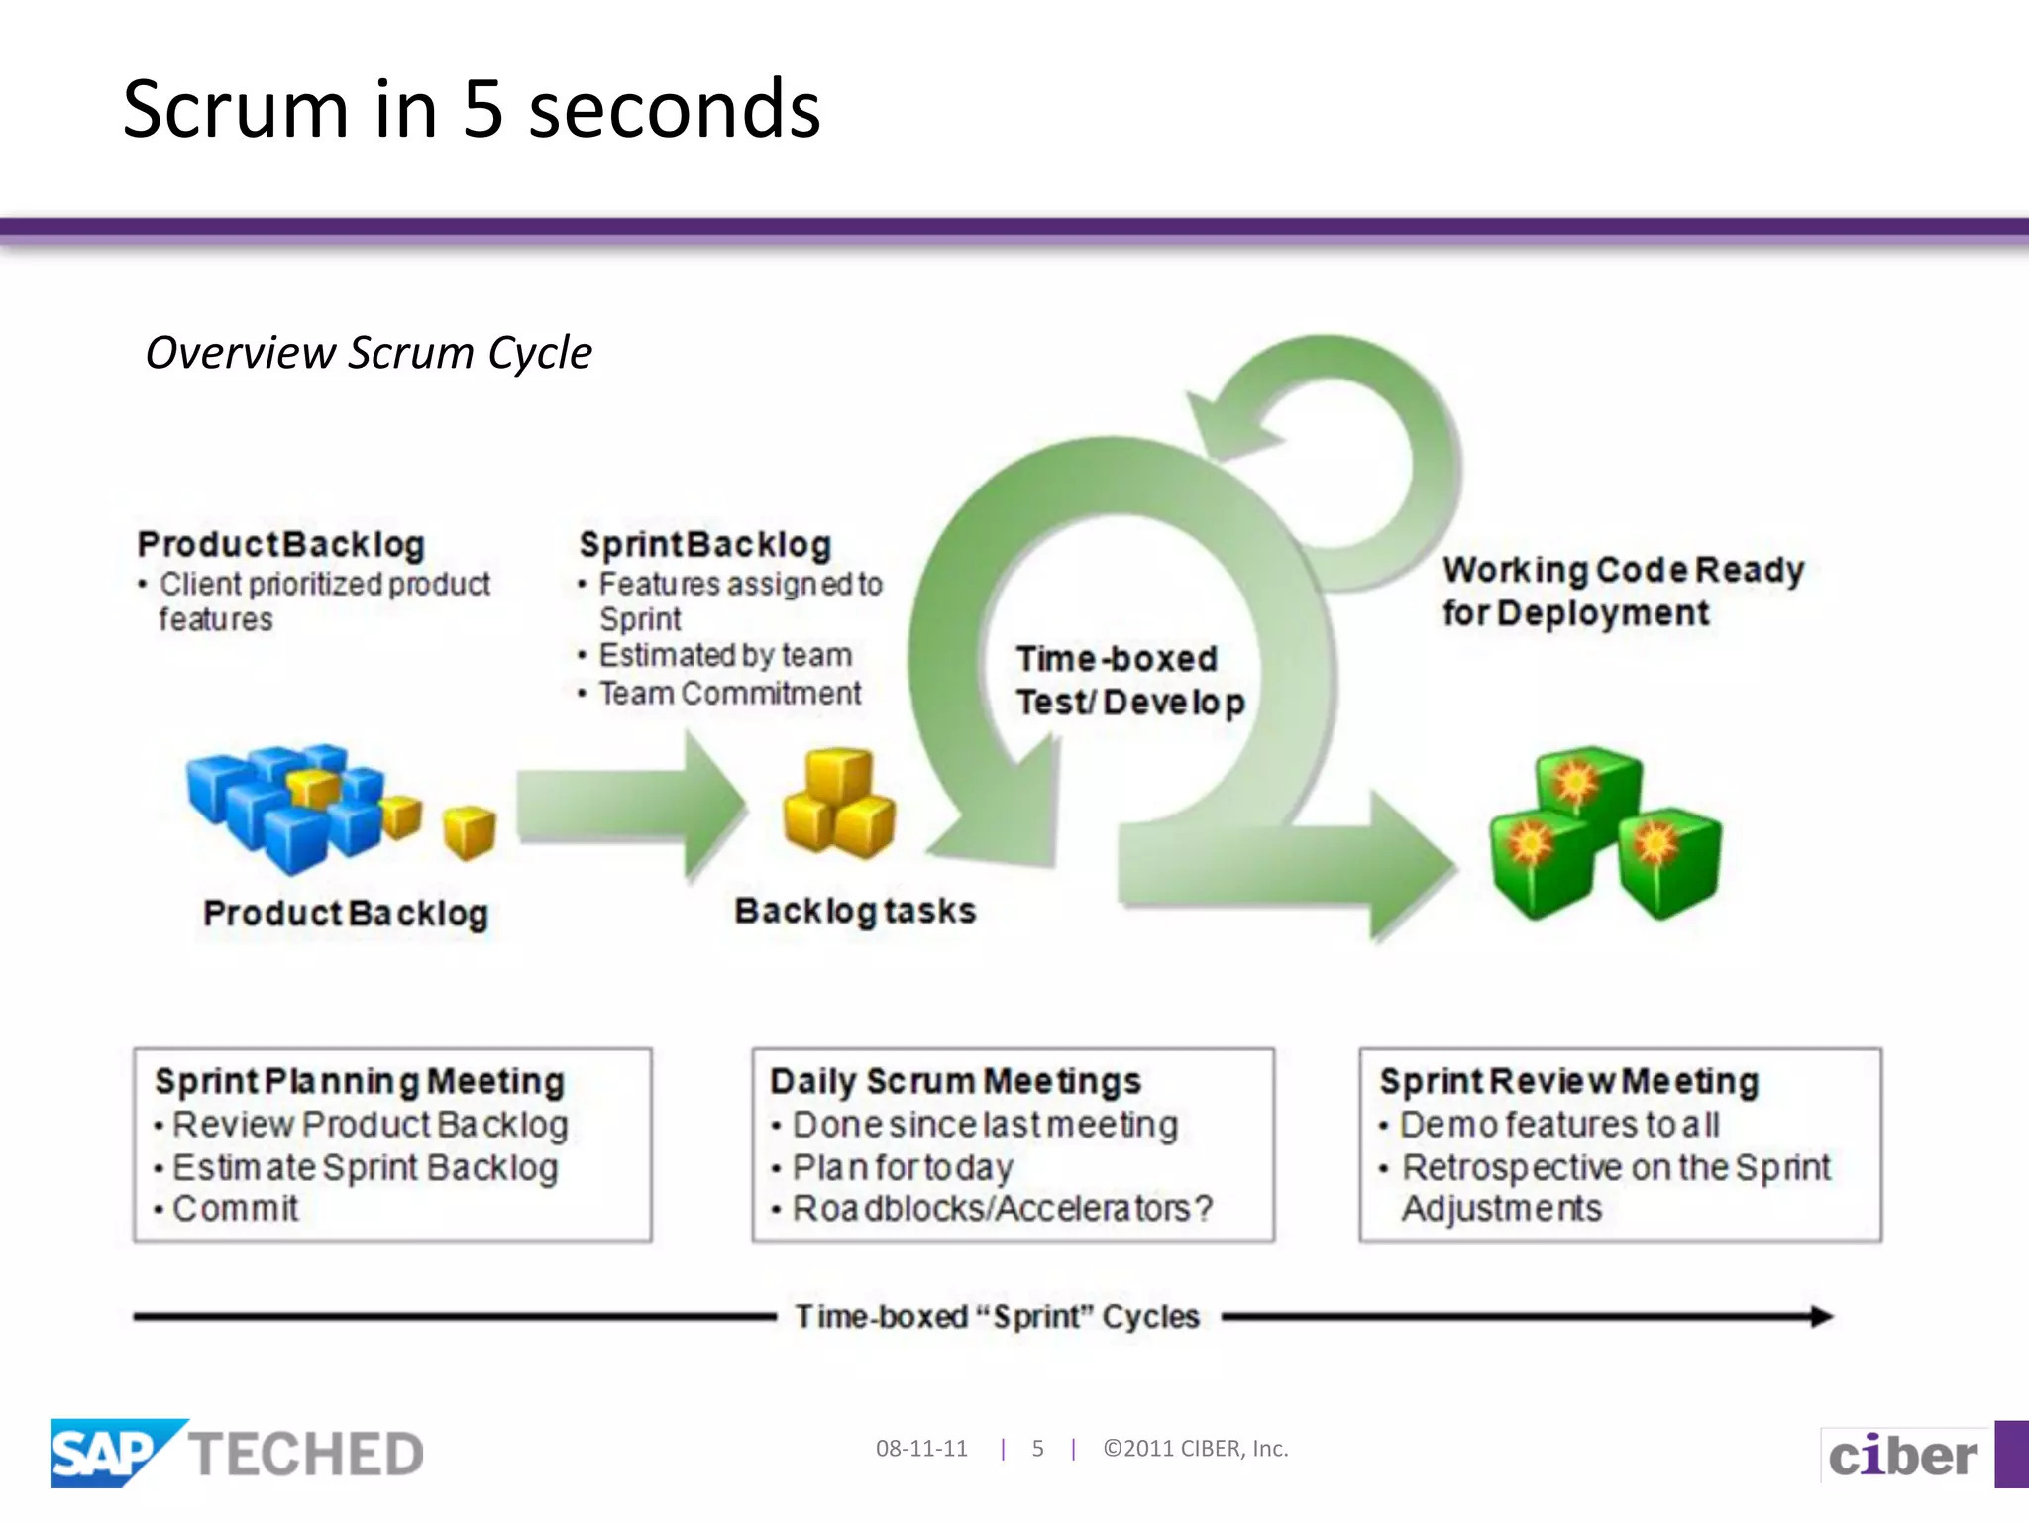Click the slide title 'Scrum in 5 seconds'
[472, 109]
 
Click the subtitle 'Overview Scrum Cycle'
[369, 353]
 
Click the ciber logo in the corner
[1902, 1456]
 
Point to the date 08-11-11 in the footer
[921, 1449]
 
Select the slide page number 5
[1037, 1449]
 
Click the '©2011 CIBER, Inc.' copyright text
[1195, 1449]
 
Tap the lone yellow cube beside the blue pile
[469, 830]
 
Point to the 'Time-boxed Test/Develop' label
[1129, 681]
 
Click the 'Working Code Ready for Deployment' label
[1623, 592]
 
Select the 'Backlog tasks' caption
[855, 911]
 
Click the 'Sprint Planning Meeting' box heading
[360, 1081]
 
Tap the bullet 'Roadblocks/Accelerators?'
[1002, 1209]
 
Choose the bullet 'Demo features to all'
[1559, 1125]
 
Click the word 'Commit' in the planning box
[236, 1209]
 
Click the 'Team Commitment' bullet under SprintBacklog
[730, 694]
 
